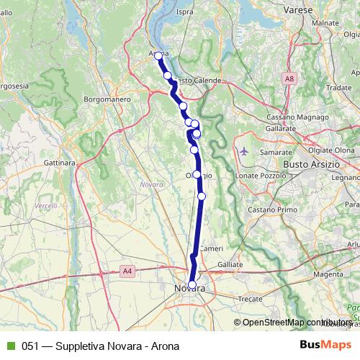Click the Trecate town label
pyautogui.click(x=250, y=297)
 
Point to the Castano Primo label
pyautogui.click(x=273, y=209)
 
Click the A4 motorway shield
pyautogui.click(x=127, y=271)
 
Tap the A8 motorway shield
pyautogui.click(x=289, y=78)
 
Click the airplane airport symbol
pyautogui.click(x=245, y=151)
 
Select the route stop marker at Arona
pyautogui.click(x=158, y=55)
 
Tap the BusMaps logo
pyautogui.click(x=323, y=345)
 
